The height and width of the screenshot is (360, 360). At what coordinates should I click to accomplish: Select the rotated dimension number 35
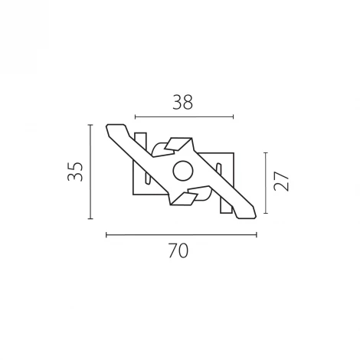coord(74,171)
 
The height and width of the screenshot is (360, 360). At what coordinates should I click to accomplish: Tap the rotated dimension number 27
coord(281,182)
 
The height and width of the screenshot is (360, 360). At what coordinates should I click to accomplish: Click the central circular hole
coord(182,171)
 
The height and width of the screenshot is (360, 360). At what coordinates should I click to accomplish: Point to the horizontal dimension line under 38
coord(184,117)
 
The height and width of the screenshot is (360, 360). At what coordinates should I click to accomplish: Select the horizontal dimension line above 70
coord(181,234)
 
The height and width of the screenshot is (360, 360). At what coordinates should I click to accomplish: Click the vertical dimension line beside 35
coord(90,171)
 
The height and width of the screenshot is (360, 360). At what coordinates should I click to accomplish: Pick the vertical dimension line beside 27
coord(266,182)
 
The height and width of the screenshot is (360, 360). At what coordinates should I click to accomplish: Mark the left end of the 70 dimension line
coord(106,234)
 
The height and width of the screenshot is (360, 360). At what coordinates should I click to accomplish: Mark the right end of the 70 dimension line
coord(256,234)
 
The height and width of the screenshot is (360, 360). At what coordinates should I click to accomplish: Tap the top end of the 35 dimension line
coord(90,123)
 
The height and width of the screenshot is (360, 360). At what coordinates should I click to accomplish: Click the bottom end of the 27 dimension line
coord(266,213)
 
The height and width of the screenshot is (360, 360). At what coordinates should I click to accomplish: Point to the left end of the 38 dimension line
coord(135,117)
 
